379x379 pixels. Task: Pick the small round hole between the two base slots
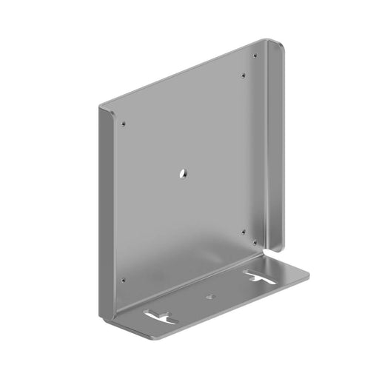pos(210,296)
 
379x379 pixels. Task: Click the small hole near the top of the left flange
pos(124,123)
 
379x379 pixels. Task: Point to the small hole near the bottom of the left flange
pos(123,281)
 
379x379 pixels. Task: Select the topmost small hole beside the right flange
pos(255,56)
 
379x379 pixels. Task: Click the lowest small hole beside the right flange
pos(255,241)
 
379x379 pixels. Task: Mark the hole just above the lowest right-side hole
pos(244,231)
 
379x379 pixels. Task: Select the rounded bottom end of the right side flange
pos(280,248)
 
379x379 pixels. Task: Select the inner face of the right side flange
pos(269,148)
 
